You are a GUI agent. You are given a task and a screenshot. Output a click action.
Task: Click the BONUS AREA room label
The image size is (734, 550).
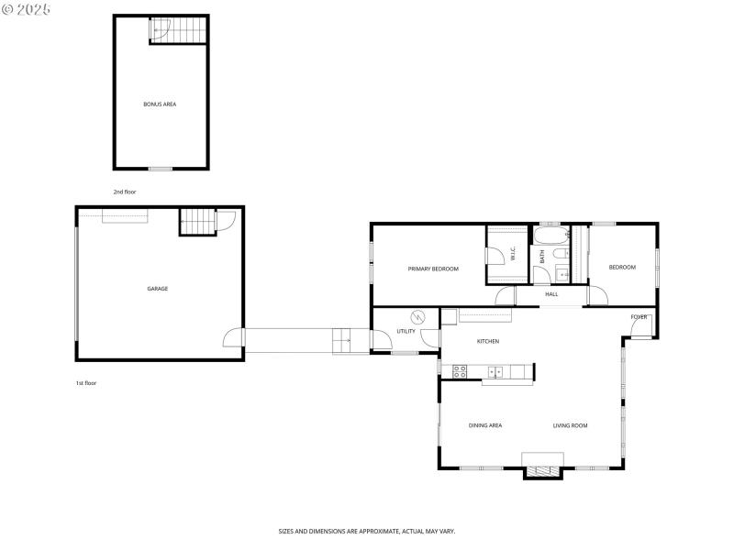point(160,104)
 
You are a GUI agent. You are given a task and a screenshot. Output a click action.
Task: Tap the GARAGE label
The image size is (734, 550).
point(158,289)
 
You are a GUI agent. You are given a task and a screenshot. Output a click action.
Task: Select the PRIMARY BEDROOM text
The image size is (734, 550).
point(433,269)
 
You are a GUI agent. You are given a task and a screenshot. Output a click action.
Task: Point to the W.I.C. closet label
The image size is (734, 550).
point(513,255)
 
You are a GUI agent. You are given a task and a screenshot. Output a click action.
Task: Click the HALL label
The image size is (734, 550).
point(551,294)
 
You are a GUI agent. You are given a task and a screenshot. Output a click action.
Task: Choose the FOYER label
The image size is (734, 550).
point(639,317)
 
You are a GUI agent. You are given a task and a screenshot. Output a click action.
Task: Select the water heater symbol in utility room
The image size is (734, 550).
point(417,317)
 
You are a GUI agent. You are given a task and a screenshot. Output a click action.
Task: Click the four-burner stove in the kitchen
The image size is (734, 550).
point(460,371)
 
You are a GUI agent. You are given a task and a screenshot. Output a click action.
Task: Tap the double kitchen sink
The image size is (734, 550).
point(495,371)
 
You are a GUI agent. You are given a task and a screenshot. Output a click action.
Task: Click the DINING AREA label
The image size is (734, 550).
point(485,425)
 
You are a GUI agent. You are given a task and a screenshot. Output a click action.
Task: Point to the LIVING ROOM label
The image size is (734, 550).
point(570,425)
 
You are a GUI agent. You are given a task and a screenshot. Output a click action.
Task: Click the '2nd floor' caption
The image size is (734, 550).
point(125,192)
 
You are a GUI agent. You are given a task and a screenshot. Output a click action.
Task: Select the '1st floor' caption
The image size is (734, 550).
point(86,383)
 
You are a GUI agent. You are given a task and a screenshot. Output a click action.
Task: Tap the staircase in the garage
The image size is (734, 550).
point(195,221)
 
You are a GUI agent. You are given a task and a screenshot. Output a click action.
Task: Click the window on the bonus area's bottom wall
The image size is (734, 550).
point(161,169)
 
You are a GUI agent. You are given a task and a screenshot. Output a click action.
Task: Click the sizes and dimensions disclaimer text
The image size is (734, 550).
point(367,531)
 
